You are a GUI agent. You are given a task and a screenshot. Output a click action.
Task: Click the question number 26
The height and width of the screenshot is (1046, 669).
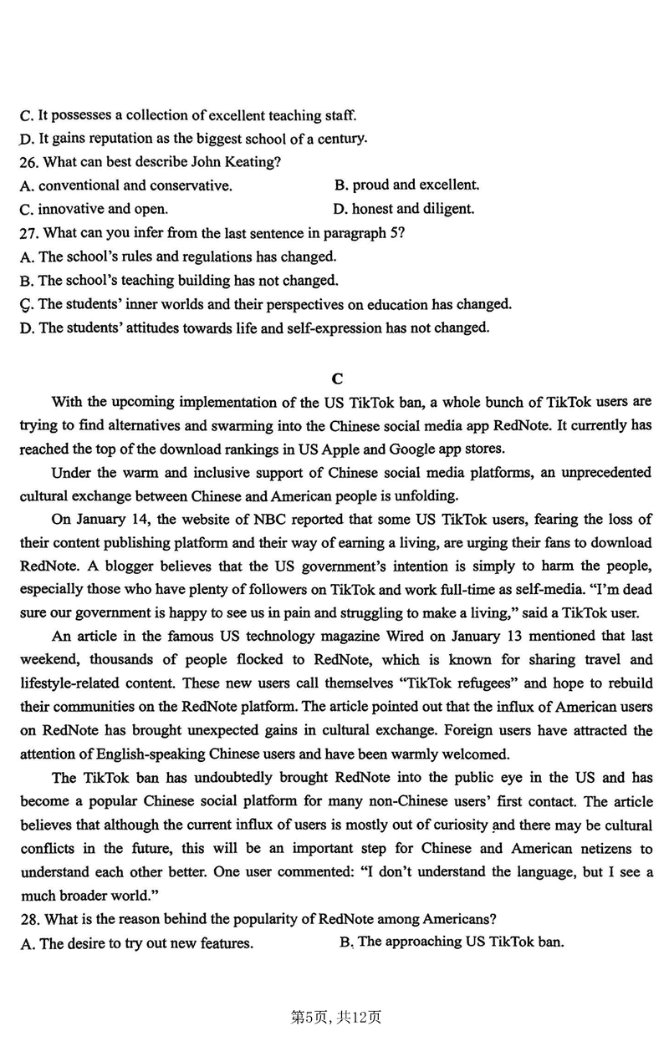coord(28,162)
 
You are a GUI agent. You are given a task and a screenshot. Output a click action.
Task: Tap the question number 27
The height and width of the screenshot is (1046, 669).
coord(28,233)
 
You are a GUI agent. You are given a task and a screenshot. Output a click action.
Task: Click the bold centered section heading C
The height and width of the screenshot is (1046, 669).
coord(335,378)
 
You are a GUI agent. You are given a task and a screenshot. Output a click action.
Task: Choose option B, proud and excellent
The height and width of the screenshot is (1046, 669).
coord(406,185)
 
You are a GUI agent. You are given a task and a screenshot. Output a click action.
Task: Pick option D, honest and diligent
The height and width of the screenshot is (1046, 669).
coord(404,209)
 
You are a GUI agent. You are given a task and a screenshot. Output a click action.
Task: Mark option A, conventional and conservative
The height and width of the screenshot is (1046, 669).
coord(125,185)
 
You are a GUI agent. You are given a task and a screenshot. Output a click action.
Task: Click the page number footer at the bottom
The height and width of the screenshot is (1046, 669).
coord(334,1018)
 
